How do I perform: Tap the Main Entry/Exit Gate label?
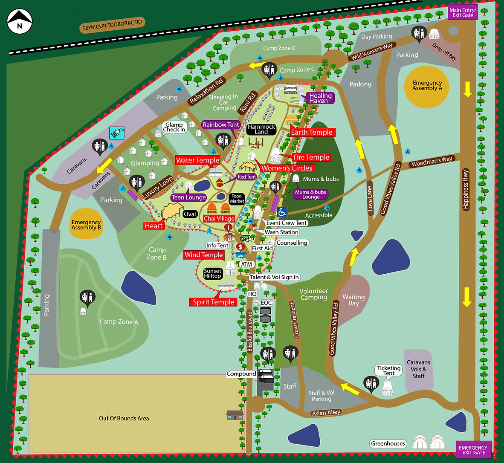click(463, 12)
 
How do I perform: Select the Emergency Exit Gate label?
click(473, 450)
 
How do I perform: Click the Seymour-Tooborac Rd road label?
click(112, 25)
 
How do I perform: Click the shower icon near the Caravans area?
click(116, 133)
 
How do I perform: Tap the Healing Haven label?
click(320, 98)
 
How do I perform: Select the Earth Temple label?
click(312, 132)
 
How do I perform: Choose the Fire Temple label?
click(311, 157)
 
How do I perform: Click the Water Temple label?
click(197, 160)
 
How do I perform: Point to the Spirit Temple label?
click(213, 302)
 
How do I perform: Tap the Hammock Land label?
click(261, 129)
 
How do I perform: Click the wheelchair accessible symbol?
click(283, 212)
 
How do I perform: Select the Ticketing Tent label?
click(388, 370)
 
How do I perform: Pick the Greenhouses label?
click(388, 443)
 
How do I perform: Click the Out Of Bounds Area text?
click(124, 418)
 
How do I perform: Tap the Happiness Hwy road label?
click(466, 189)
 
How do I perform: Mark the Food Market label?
click(237, 199)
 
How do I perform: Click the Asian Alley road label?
click(326, 412)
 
